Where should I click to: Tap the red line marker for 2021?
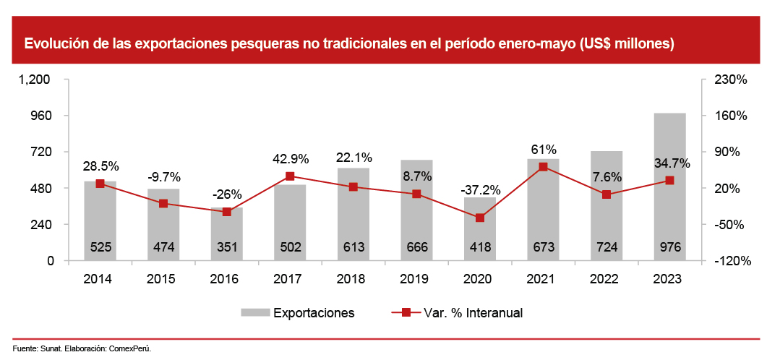click(544, 167)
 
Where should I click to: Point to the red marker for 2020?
click(480, 218)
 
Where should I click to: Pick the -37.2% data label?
click(480, 190)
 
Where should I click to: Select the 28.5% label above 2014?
click(100, 166)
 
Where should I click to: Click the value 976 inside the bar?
click(669, 247)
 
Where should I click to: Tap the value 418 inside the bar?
click(480, 247)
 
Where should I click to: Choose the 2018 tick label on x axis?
click(353, 278)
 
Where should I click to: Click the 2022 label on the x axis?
click(606, 278)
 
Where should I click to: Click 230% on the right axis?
click(730, 80)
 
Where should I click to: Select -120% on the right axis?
click(730, 261)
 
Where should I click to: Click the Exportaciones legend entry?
click(313, 313)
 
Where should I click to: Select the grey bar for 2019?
click(416, 210)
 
